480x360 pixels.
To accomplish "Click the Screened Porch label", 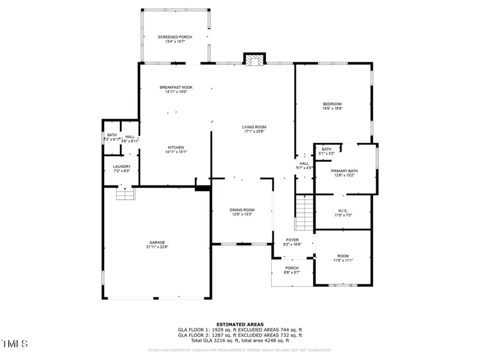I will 175,37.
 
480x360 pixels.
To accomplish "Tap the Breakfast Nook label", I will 176,88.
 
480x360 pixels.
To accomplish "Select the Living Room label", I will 254,127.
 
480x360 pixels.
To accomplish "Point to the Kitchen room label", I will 176,148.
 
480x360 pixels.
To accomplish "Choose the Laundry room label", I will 122,166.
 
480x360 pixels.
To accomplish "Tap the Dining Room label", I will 242,210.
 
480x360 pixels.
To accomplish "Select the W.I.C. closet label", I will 343,211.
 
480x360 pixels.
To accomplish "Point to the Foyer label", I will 292,240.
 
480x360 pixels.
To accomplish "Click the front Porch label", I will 292,268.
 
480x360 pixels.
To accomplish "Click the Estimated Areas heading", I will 240,324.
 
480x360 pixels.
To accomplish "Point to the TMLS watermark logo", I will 14,344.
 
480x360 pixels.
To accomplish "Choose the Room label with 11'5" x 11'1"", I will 343,260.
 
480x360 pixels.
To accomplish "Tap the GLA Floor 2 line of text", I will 240,335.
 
